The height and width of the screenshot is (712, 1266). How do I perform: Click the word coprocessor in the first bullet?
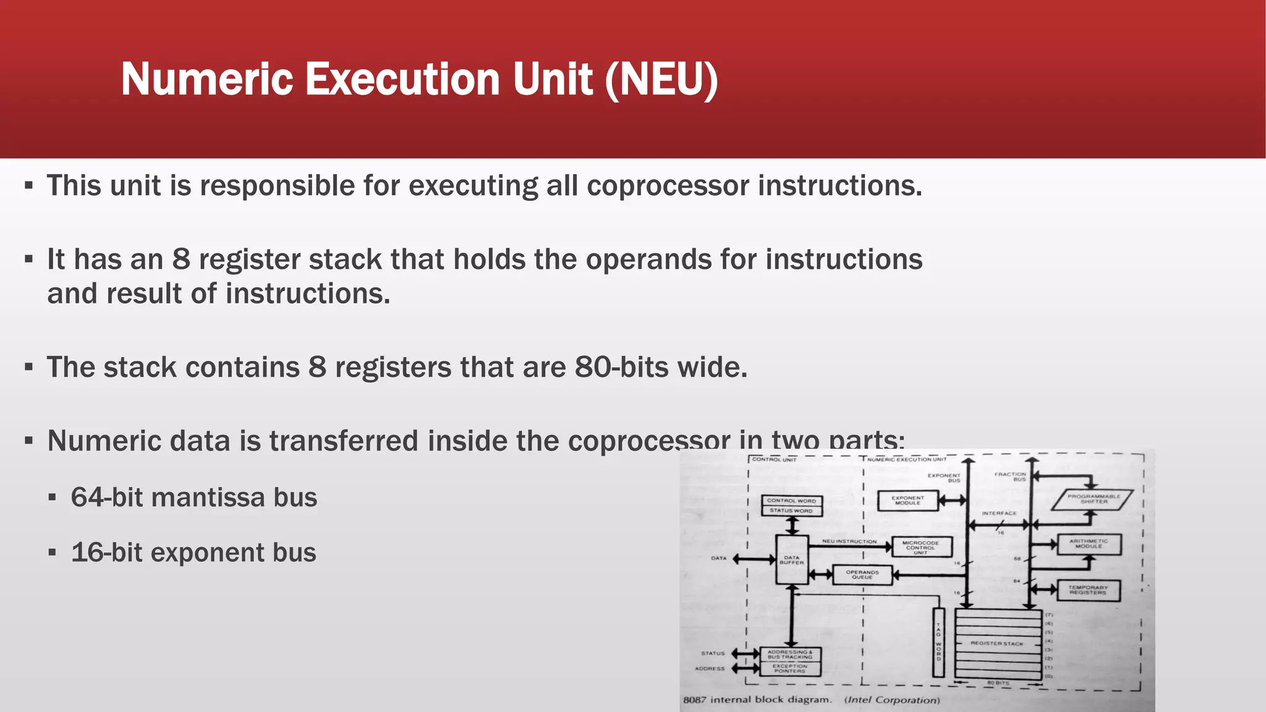point(668,186)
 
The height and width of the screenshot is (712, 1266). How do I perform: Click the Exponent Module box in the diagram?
point(907,501)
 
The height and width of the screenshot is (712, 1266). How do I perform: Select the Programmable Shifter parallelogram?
point(1094,499)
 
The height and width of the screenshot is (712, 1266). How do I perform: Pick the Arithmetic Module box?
point(1089,544)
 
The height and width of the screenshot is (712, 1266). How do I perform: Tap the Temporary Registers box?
point(1087,590)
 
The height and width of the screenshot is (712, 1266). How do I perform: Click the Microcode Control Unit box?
point(920,548)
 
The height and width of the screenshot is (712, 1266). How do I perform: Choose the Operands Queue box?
point(862,575)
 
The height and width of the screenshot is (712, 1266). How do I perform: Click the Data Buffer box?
point(791,560)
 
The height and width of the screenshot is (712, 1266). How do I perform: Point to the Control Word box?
point(791,501)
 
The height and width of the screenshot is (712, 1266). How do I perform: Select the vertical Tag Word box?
point(938,643)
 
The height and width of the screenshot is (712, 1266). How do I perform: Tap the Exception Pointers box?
point(790,669)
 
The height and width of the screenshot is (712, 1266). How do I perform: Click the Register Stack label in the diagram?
point(996,643)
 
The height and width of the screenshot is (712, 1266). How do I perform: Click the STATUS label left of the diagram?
point(713,653)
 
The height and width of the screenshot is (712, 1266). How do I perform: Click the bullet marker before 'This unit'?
point(28,185)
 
